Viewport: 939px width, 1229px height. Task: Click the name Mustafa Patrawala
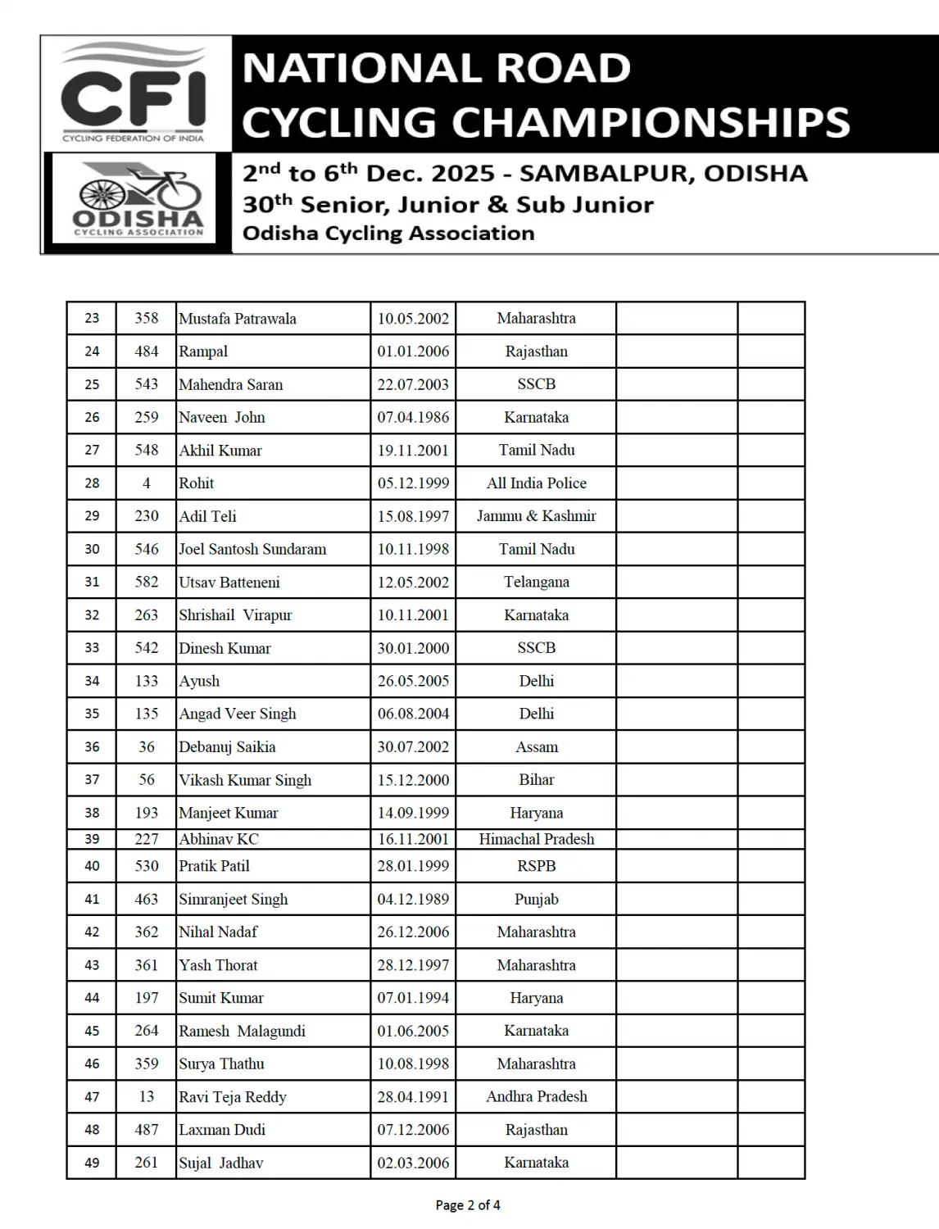click(238, 319)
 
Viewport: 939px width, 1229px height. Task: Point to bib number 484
click(147, 351)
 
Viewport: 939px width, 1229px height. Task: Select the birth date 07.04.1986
click(413, 417)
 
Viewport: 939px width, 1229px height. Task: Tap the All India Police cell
click(537, 483)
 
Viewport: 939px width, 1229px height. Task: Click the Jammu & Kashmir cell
click(537, 516)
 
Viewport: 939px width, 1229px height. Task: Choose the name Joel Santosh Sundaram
click(252, 549)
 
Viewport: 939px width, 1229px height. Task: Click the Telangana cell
click(537, 582)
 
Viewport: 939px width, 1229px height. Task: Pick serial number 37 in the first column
click(92, 780)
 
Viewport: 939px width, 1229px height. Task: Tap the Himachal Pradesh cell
click(537, 839)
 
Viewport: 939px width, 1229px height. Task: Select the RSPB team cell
click(537, 866)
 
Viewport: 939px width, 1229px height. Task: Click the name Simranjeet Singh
click(234, 899)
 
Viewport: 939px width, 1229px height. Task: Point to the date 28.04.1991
click(413, 1097)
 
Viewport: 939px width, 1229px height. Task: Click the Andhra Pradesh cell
click(537, 1097)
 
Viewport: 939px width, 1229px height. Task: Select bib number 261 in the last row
click(147, 1163)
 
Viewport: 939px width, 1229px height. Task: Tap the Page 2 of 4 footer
click(468, 1205)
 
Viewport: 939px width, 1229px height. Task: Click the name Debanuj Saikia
click(227, 747)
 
